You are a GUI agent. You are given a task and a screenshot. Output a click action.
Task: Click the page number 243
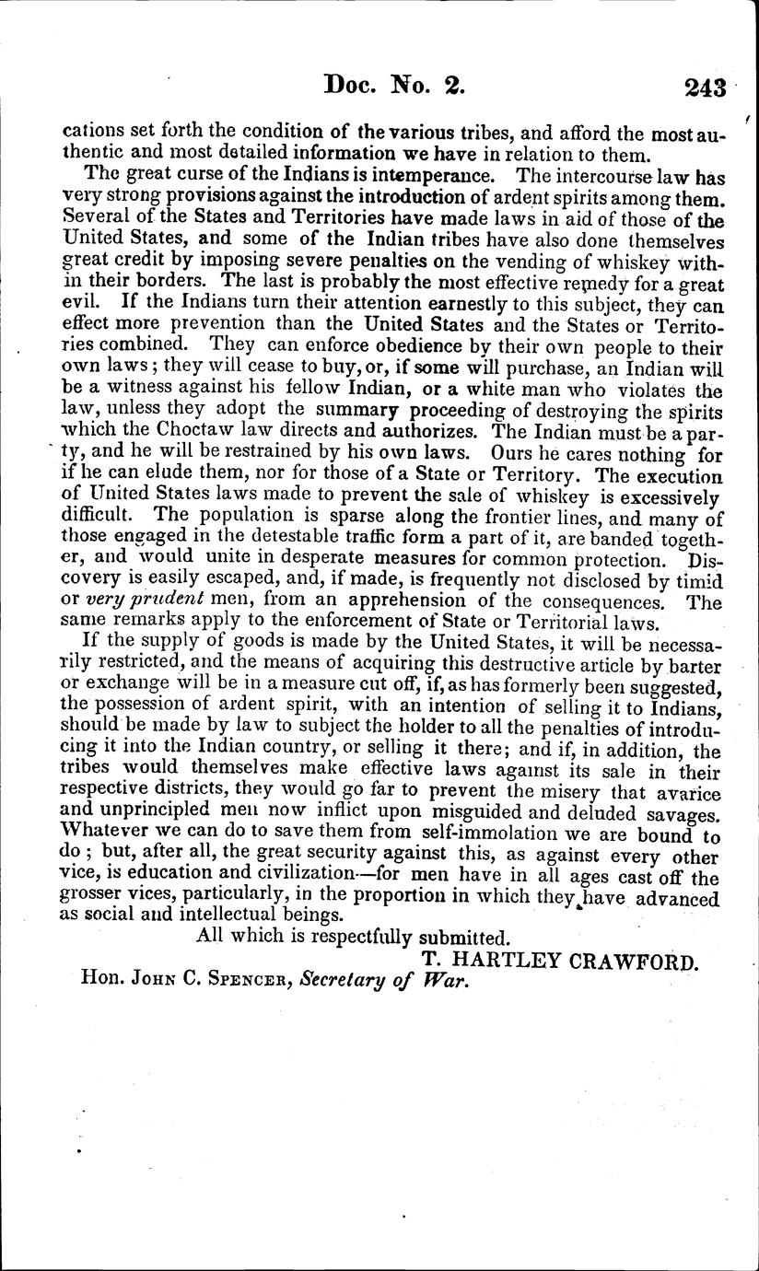pos(705,87)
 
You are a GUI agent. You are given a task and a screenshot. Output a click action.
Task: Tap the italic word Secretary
pos(350,982)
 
